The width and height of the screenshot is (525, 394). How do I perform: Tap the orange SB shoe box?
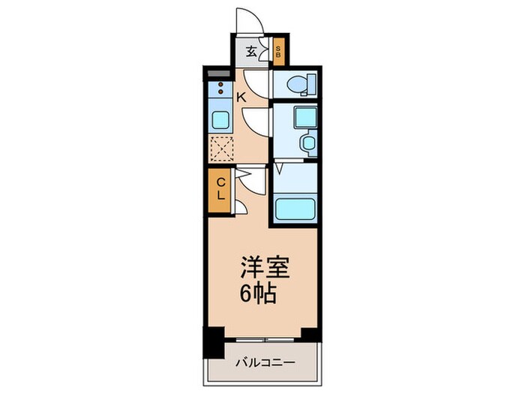click(x=278, y=52)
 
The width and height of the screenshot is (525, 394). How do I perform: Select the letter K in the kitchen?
click(x=241, y=97)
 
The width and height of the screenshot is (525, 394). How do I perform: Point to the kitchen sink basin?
click(x=221, y=119)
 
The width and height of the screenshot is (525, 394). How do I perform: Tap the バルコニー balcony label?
click(x=262, y=362)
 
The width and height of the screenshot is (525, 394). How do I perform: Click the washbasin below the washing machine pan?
click(x=308, y=142)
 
